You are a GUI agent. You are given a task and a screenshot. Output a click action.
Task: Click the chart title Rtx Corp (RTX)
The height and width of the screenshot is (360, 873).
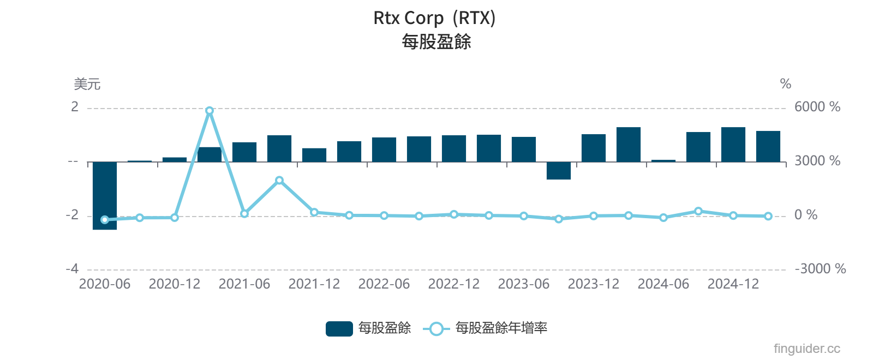pyautogui.click(x=434, y=18)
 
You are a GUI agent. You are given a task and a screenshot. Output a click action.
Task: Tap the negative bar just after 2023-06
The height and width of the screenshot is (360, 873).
pyautogui.click(x=559, y=171)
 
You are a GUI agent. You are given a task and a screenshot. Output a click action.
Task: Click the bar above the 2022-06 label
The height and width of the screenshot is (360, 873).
pyautogui.click(x=384, y=149)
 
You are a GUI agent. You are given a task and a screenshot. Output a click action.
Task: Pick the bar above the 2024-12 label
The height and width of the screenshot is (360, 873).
pyautogui.click(x=733, y=145)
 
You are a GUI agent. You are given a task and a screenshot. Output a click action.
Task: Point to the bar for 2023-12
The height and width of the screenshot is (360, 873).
pyautogui.click(x=594, y=148)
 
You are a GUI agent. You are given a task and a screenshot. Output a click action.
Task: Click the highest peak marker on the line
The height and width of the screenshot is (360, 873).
pyautogui.click(x=210, y=111)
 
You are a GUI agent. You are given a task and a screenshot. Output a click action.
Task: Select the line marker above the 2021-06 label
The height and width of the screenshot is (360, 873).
pyautogui.click(x=244, y=214)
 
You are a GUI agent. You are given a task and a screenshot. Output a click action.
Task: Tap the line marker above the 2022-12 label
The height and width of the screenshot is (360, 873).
pyautogui.click(x=454, y=214)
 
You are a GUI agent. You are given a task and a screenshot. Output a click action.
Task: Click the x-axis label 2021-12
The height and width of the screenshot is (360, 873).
pyautogui.click(x=314, y=284)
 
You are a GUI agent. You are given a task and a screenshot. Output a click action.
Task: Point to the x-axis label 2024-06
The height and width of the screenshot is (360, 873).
pyautogui.click(x=663, y=284)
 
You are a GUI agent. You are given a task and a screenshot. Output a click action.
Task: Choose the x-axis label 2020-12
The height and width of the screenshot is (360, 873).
pyautogui.click(x=175, y=284)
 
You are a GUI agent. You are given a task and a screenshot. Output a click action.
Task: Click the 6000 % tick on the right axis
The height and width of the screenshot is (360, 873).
pyautogui.click(x=817, y=107)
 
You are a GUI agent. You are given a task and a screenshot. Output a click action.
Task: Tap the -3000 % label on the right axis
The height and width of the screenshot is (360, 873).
pyautogui.click(x=820, y=269)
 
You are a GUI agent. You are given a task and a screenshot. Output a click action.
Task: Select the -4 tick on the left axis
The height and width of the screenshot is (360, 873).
pyautogui.click(x=73, y=269)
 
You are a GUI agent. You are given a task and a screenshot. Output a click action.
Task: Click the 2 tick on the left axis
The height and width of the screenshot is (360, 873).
pyautogui.click(x=75, y=107)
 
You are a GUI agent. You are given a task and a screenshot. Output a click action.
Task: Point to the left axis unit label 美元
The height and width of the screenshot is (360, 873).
pyautogui.click(x=87, y=84)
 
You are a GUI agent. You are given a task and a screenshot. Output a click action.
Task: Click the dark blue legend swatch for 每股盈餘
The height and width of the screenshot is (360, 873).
pyautogui.click(x=339, y=328)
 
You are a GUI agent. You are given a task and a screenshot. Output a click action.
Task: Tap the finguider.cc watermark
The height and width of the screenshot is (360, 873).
pyautogui.click(x=806, y=349)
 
